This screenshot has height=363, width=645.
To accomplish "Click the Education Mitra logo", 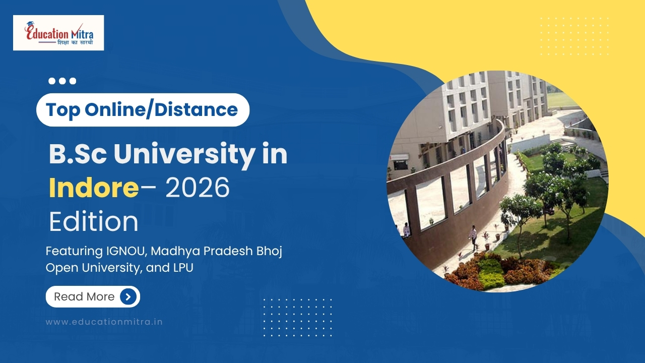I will pos(58,33).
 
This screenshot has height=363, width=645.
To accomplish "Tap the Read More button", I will pos(93,297).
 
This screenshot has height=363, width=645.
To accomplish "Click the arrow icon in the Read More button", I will pos(128,297).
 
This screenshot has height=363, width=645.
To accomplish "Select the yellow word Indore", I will pos(94,188).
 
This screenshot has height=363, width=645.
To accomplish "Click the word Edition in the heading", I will pos(93,221).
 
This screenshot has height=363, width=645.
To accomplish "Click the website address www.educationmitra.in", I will pos(104,321).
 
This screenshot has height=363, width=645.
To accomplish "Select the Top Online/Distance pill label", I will pos(143,109).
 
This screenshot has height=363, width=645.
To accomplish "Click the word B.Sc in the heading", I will pos(78,154).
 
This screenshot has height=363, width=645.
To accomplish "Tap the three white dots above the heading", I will pos(62,81).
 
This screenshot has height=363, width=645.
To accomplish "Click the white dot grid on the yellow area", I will pos(574,36).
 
